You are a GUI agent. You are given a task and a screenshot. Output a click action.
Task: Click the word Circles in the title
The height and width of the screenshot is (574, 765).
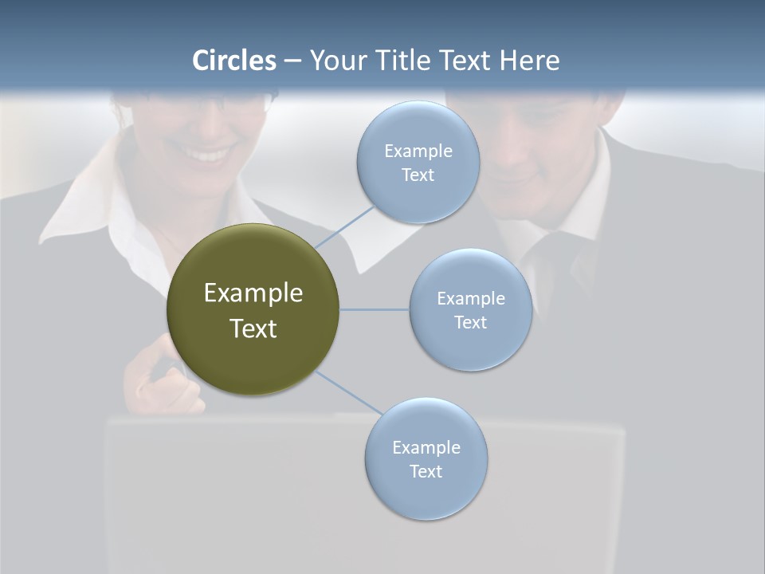tap(234, 61)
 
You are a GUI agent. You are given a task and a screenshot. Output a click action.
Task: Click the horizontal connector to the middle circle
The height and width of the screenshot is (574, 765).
tap(375, 309)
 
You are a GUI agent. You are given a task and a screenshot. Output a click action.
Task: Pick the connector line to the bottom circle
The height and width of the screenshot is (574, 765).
tap(349, 392)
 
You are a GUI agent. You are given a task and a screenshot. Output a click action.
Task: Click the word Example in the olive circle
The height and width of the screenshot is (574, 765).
tap(253, 293)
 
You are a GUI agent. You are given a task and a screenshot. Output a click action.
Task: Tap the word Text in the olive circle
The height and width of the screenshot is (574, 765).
tap(253, 328)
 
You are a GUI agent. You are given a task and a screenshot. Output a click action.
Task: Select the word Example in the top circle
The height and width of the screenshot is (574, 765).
tap(418, 151)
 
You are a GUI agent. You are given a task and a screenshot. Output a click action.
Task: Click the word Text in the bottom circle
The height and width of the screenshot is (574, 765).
tap(426, 471)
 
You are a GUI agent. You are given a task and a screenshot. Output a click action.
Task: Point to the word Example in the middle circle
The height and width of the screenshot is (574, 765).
tap(471, 298)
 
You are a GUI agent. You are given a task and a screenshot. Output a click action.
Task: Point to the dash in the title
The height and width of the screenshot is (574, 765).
tap(292, 61)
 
